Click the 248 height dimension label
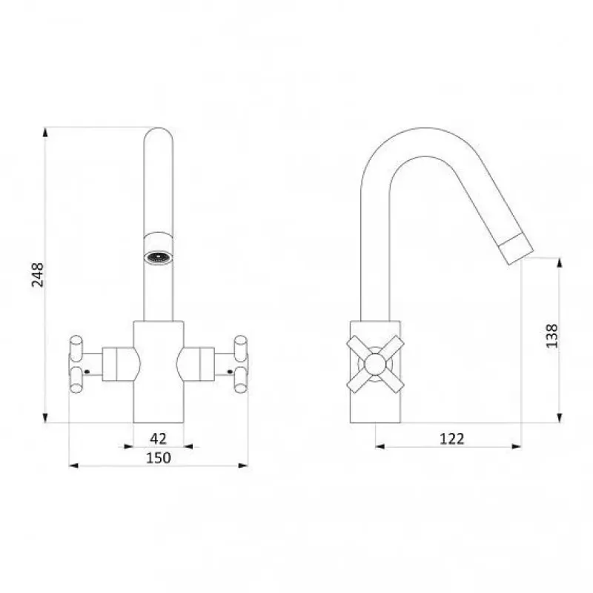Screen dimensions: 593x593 click(x=38, y=275)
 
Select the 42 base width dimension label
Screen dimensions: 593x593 click(x=158, y=438)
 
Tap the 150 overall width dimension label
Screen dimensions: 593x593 click(x=159, y=457)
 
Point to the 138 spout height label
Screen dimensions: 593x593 click(x=551, y=336)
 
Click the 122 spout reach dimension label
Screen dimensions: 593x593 click(x=451, y=439)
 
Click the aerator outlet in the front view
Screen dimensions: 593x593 click(x=159, y=258)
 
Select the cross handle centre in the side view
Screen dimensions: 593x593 click(x=375, y=364)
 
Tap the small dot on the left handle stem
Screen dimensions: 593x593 click(x=87, y=372)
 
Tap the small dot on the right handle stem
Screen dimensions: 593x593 click(x=230, y=372)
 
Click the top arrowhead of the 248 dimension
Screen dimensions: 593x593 click(x=45, y=133)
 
